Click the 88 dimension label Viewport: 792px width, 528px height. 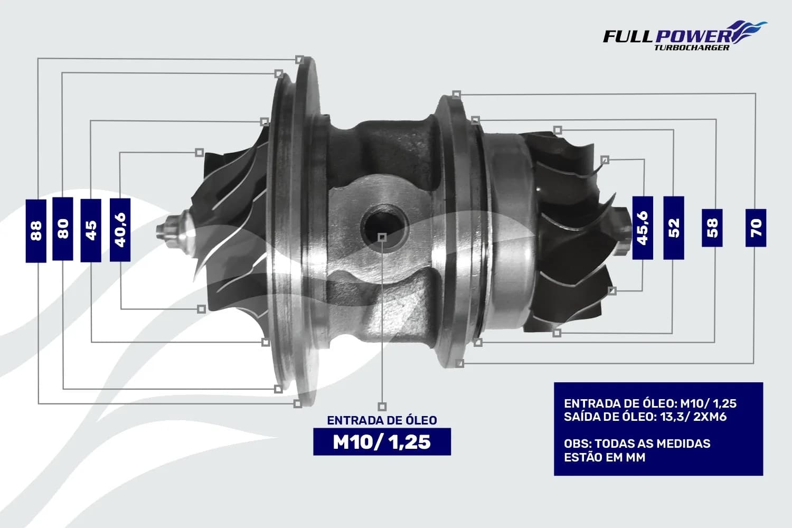36,231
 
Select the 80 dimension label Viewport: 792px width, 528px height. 63,229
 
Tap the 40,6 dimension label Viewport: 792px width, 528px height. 120,230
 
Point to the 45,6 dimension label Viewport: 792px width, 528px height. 643,228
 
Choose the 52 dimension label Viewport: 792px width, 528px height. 674,228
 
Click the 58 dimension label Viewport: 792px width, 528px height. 712,228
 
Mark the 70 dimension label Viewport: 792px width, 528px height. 756,228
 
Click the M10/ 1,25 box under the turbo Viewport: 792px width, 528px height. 382,442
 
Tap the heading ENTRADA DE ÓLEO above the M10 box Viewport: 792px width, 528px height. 382,420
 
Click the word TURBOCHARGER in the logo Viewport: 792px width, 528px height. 691,48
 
